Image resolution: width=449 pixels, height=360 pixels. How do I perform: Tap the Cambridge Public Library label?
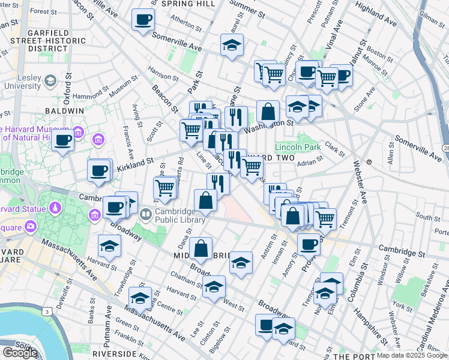click(173, 215)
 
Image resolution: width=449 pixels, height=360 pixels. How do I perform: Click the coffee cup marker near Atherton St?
click(143, 20)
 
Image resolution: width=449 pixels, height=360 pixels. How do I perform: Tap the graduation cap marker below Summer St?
click(232, 45)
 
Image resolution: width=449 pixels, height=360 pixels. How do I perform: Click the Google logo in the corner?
click(19, 353)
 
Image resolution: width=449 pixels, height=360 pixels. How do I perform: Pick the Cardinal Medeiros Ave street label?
click(432, 311)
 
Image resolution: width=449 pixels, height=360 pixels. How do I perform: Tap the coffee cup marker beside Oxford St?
click(62, 142)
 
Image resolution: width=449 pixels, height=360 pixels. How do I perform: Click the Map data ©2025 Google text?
click(411, 355)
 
